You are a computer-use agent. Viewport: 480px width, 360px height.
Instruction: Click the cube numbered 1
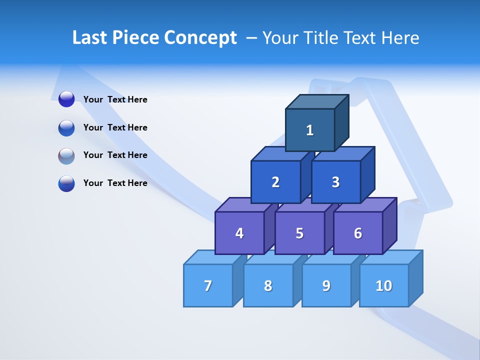click(310, 130)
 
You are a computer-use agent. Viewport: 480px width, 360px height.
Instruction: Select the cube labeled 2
click(275, 182)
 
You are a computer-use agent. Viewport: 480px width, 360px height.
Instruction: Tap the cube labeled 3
click(335, 182)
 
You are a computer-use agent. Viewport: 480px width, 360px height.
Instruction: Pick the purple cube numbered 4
click(239, 233)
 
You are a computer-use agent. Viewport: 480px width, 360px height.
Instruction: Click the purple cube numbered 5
click(299, 233)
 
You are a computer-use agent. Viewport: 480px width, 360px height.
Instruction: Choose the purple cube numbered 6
click(358, 233)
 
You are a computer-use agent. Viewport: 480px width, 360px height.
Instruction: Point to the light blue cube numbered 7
click(208, 285)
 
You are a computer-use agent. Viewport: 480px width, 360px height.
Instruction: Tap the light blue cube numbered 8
click(268, 285)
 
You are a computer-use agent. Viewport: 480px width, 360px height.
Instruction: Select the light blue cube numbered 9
click(326, 285)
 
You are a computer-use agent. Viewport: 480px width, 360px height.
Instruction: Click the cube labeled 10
click(384, 285)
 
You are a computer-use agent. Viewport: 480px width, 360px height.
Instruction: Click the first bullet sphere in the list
click(66, 99)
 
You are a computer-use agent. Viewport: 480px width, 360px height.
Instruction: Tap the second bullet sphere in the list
click(66, 127)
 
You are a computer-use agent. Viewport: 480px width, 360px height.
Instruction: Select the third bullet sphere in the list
click(66, 155)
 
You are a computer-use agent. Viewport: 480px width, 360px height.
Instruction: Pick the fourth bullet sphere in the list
click(66, 183)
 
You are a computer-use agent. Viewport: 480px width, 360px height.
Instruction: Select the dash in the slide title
click(252, 38)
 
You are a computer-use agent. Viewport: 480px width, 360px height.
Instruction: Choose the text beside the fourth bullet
click(115, 183)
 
